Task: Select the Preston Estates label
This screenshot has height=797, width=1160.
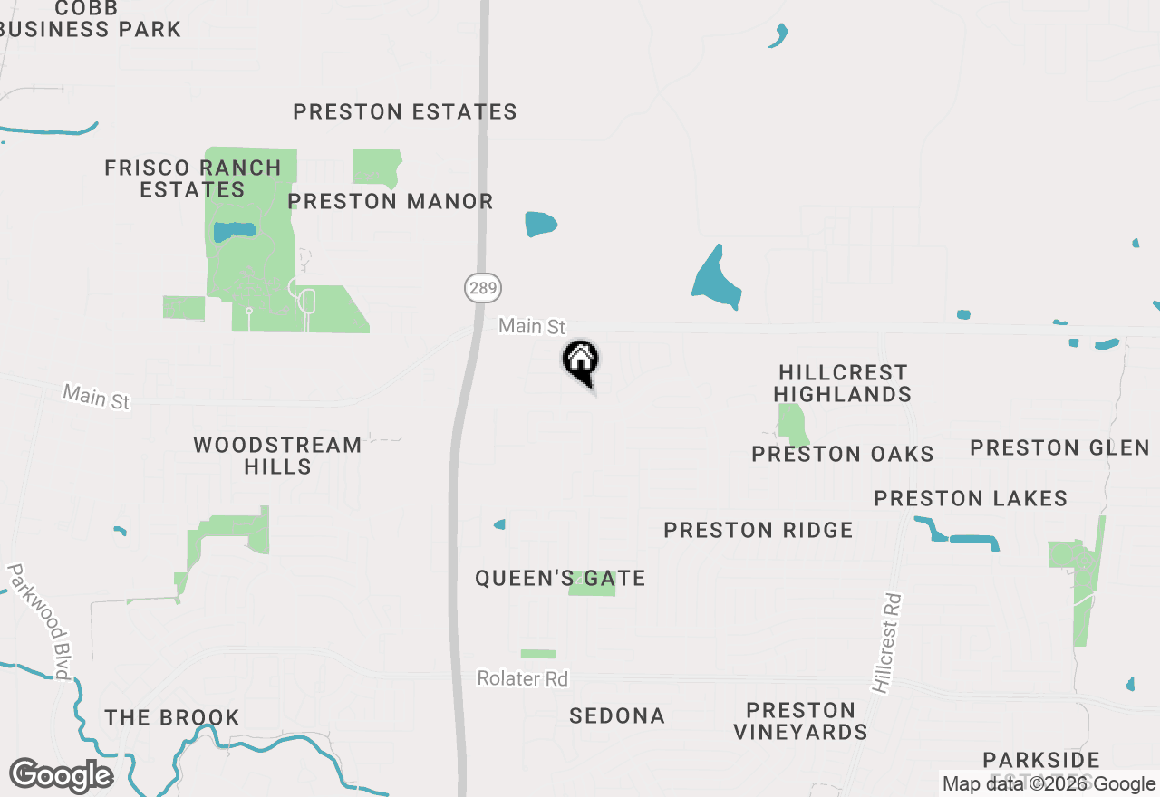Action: click(405, 112)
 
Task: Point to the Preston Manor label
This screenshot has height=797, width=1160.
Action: click(391, 201)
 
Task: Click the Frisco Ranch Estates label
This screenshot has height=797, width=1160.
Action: click(193, 178)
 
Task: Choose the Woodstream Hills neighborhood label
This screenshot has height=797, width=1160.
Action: click(277, 456)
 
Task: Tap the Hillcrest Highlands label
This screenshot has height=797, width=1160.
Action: click(843, 383)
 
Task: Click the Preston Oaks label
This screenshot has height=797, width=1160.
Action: click(843, 454)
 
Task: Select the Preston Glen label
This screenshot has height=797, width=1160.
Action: click(1059, 447)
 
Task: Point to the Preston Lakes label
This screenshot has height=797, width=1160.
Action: click(971, 498)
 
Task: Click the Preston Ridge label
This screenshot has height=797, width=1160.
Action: click(759, 530)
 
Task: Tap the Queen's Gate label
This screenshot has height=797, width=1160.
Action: click(560, 578)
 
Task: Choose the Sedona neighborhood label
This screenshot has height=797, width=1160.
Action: click(617, 715)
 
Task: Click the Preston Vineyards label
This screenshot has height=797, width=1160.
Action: click(800, 721)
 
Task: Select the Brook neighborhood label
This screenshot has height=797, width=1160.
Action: click(172, 717)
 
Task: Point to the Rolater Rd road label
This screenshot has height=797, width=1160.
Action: click(523, 678)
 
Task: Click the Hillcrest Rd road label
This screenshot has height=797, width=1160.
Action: click(888, 643)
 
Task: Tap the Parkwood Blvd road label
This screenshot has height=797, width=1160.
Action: click(39, 621)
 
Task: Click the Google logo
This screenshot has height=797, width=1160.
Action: click(62, 775)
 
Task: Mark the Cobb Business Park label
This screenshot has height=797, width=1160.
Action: click(91, 19)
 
